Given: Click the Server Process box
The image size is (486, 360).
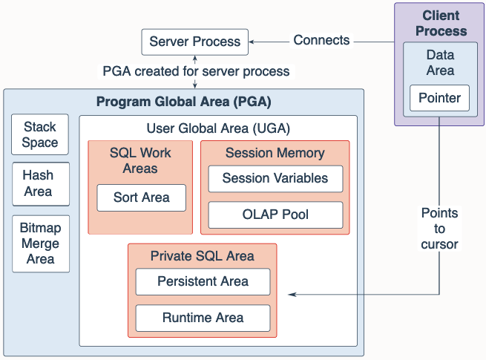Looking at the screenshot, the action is [x=194, y=42].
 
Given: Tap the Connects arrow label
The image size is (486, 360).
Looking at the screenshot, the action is [x=321, y=40].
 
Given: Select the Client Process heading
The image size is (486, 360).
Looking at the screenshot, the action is [x=441, y=23].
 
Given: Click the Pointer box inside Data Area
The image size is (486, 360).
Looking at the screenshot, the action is [x=439, y=98].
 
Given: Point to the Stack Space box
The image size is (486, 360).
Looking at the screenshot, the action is [x=40, y=134].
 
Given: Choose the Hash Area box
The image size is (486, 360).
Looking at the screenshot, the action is [x=41, y=183].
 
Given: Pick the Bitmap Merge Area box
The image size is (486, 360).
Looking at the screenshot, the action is [x=41, y=243].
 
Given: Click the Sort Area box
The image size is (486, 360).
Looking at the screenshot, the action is [x=141, y=198].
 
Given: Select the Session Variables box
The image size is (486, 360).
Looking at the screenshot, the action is [x=275, y=179].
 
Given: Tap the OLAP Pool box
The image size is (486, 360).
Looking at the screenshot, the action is [x=275, y=215].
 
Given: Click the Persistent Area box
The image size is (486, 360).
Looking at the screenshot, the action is [x=203, y=281].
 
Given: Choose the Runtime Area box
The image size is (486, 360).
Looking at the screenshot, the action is [x=203, y=318].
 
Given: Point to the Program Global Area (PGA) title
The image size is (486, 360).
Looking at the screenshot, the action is [x=184, y=102].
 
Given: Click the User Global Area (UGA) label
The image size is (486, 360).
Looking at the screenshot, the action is [x=218, y=128].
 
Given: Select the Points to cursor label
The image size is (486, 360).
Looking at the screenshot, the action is [x=439, y=229].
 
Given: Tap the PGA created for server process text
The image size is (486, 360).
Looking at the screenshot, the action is [x=196, y=71].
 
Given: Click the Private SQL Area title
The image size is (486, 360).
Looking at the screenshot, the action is [x=203, y=256].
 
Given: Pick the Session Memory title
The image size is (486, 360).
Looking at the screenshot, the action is [x=275, y=153].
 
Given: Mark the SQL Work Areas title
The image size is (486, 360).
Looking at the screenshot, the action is [x=140, y=160].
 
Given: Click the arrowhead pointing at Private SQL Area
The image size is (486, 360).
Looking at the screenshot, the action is [x=292, y=294].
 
